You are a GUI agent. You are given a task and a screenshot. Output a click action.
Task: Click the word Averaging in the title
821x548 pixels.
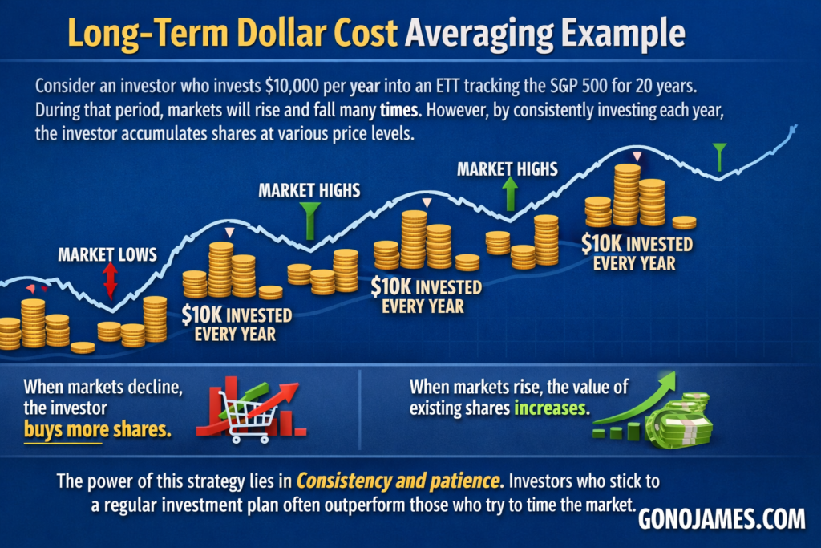pyautogui.click(x=479, y=35)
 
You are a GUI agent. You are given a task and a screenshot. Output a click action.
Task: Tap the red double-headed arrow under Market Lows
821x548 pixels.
pyautogui.click(x=110, y=280)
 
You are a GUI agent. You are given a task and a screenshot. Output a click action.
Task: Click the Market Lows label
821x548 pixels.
pyautogui.click(x=107, y=254)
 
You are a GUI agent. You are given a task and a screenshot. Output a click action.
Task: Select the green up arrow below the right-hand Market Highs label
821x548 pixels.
pyautogui.click(x=509, y=193)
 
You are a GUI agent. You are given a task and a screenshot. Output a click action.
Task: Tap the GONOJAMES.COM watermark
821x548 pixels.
pyautogui.click(x=722, y=519)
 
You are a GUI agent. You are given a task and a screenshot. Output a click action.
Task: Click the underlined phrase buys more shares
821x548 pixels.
pyautogui.click(x=97, y=429)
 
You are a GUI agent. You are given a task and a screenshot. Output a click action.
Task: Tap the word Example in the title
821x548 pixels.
pyautogui.click(x=623, y=35)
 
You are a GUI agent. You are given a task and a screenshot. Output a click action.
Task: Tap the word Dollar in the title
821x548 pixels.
pyautogui.click(x=283, y=34)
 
